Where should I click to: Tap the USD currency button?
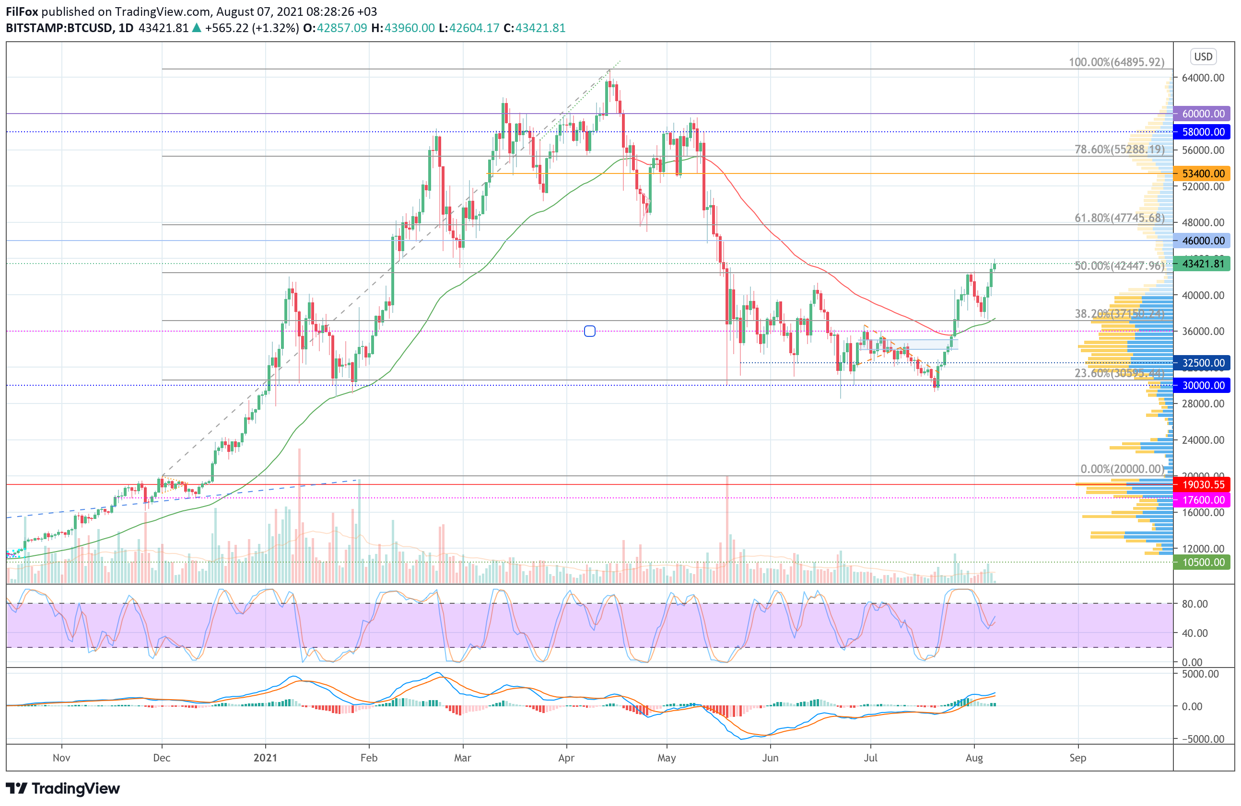tap(1204, 56)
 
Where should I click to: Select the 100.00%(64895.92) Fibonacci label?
tap(1116, 62)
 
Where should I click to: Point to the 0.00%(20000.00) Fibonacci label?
tap(1122, 469)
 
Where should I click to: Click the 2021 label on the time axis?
tap(265, 758)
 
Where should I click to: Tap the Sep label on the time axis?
tap(1077, 758)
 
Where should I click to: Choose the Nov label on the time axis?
tap(61, 758)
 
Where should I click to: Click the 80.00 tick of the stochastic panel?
tap(1194, 604)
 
